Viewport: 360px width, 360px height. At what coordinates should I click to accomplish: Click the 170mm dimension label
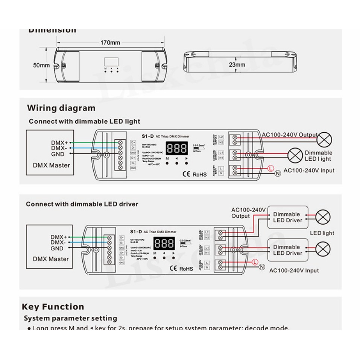pyautogui.click(x=110, y=43)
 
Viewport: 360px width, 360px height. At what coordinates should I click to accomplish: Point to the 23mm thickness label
pyautogui.click(x=237, y=65)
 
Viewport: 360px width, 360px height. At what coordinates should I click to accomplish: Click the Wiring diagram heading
pyautogui.click(x=61, y=108)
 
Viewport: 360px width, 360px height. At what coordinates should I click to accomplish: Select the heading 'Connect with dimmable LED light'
pyautogui.click(x=84, y=122)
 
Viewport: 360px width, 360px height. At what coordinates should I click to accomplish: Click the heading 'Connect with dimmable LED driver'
pyautogui.click(x=82, y=204)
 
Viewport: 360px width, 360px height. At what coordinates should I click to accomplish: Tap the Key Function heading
pyautogui.click(x=53, y=307)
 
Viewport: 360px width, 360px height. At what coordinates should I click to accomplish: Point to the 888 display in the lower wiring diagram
pyautogui.click(x=164, y=243)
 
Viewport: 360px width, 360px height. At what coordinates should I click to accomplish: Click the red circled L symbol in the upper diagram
pyautogui.click(x=270, y=168)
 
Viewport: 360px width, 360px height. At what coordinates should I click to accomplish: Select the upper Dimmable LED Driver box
pyautogui.click(x=287, y=217)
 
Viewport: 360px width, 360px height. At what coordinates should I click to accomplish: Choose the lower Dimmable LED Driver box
pyautogui.click(x=287, y=250)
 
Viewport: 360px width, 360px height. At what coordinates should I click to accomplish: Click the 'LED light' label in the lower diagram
pyautogui.click(x=322, y=233)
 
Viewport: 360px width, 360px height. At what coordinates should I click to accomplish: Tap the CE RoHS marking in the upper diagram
pyautogui.click(x=194, y=174)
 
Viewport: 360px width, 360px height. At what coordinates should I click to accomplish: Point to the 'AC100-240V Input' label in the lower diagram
pyautogui.click(x=294, y=270)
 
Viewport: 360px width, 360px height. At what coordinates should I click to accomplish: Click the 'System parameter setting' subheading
pyautogui.click(x=70, y=318)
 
